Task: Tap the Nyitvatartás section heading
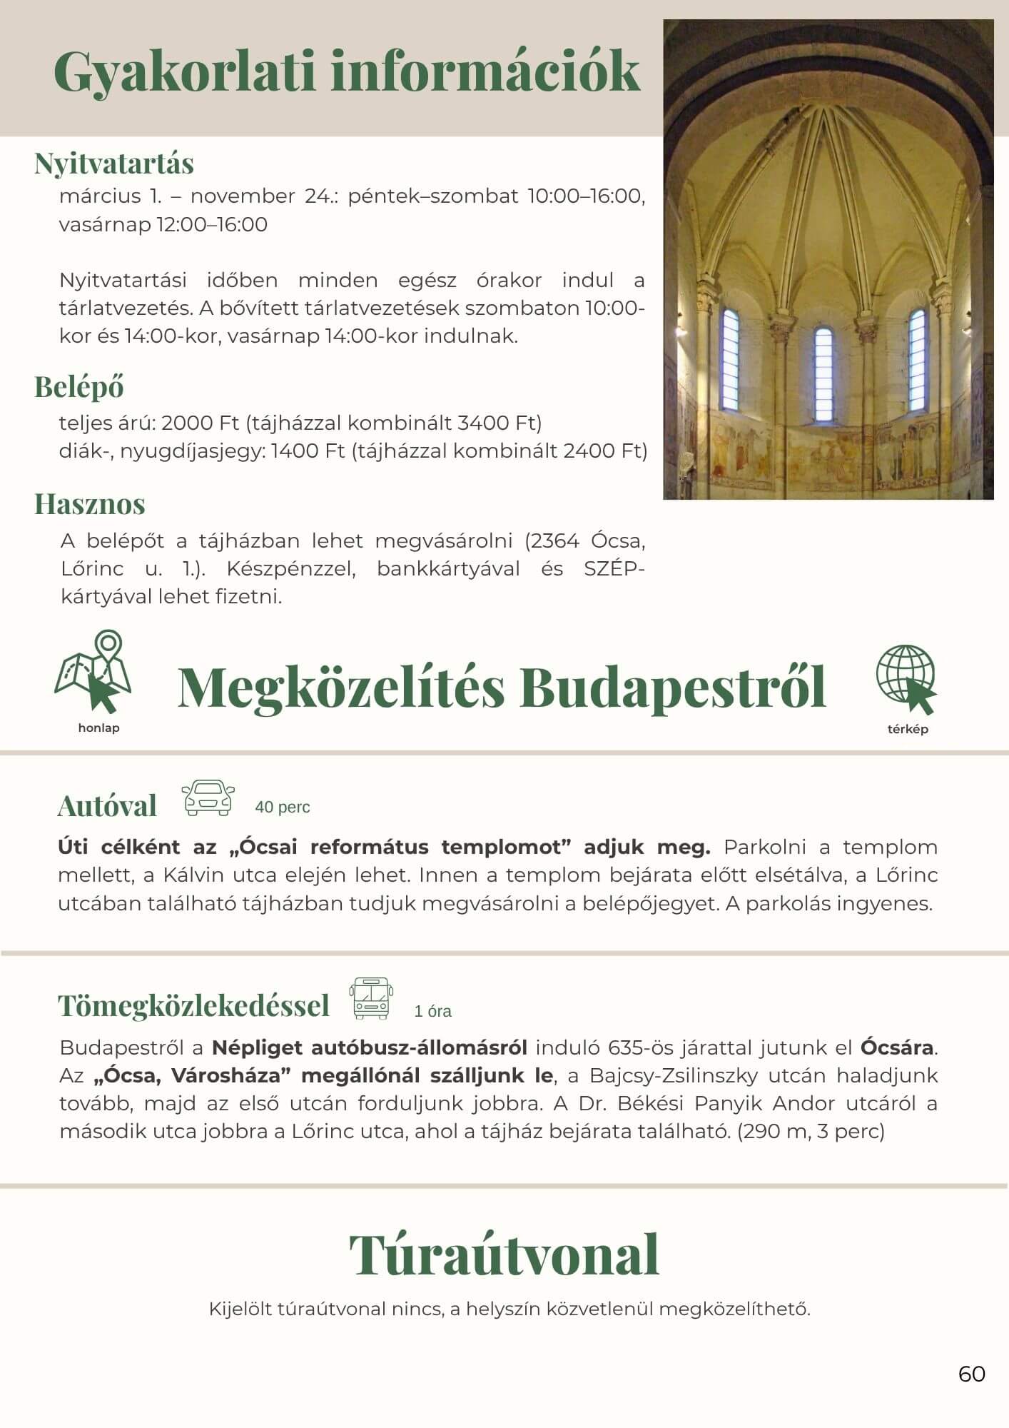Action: [x=114, y=164]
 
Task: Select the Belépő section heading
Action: [x=79, y=387]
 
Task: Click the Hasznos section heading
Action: [x=90, y=504]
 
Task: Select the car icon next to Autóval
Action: [x=208, y=798]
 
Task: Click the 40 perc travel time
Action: [x=283, y=808]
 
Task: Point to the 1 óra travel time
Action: [x=433, y=1012]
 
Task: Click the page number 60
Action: [x=972, y=1374]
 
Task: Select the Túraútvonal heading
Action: [x=504, y=1255]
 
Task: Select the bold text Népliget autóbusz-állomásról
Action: [x=370, y=1048]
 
